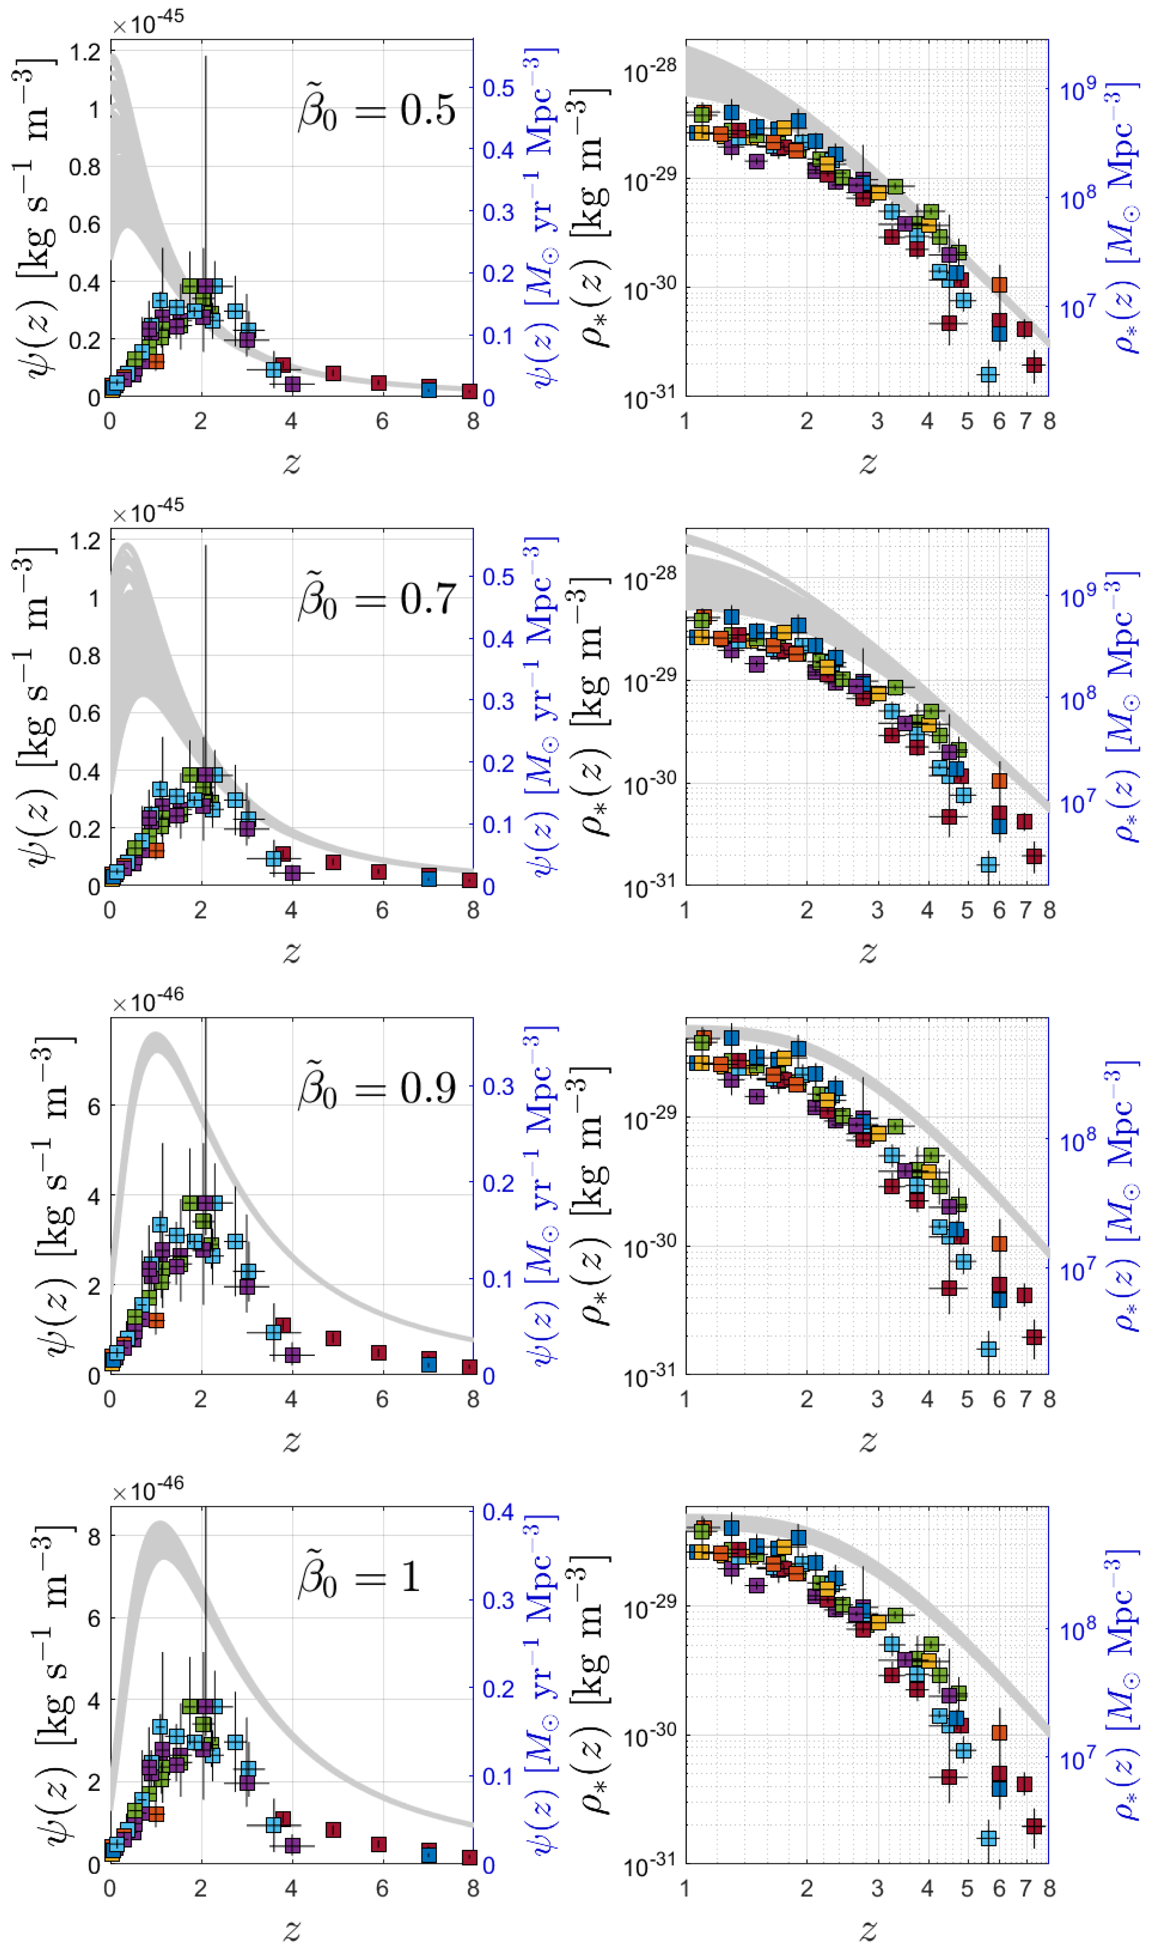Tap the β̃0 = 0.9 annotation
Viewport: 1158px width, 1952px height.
(377, 1088)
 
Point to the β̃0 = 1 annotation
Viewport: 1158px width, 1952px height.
(360, 1577)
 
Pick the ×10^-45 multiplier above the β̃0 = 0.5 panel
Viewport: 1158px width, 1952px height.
(147, 23)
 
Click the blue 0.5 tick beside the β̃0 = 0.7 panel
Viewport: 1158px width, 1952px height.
(498, 577)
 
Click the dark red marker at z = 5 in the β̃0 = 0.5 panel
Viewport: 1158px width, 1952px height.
(333, 373)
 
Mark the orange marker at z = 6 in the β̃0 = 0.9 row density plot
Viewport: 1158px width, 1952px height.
(999, 1243)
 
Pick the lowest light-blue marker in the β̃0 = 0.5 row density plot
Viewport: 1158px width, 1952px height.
(989, 374)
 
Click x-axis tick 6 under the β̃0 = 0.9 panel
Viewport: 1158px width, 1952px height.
(382, 1400)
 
